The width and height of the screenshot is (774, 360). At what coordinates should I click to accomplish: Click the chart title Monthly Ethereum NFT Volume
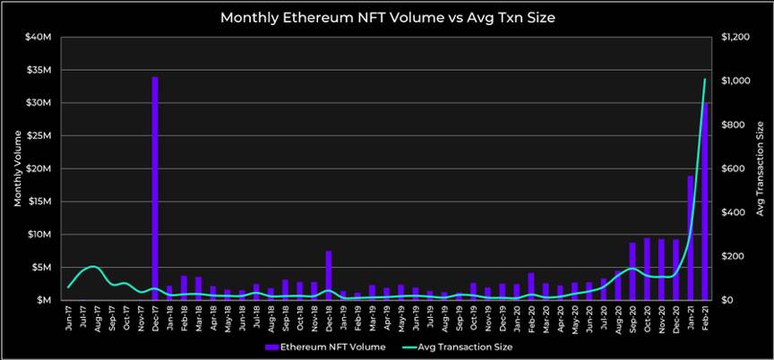(387, 17)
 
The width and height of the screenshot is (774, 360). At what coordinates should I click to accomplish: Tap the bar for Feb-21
(706, 201)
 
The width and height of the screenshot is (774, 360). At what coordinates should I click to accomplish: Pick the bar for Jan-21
(691, 238)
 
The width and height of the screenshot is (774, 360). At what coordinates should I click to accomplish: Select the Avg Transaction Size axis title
(761, 168)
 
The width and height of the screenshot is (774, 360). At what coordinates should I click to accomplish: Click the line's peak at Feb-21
(705, 80)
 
